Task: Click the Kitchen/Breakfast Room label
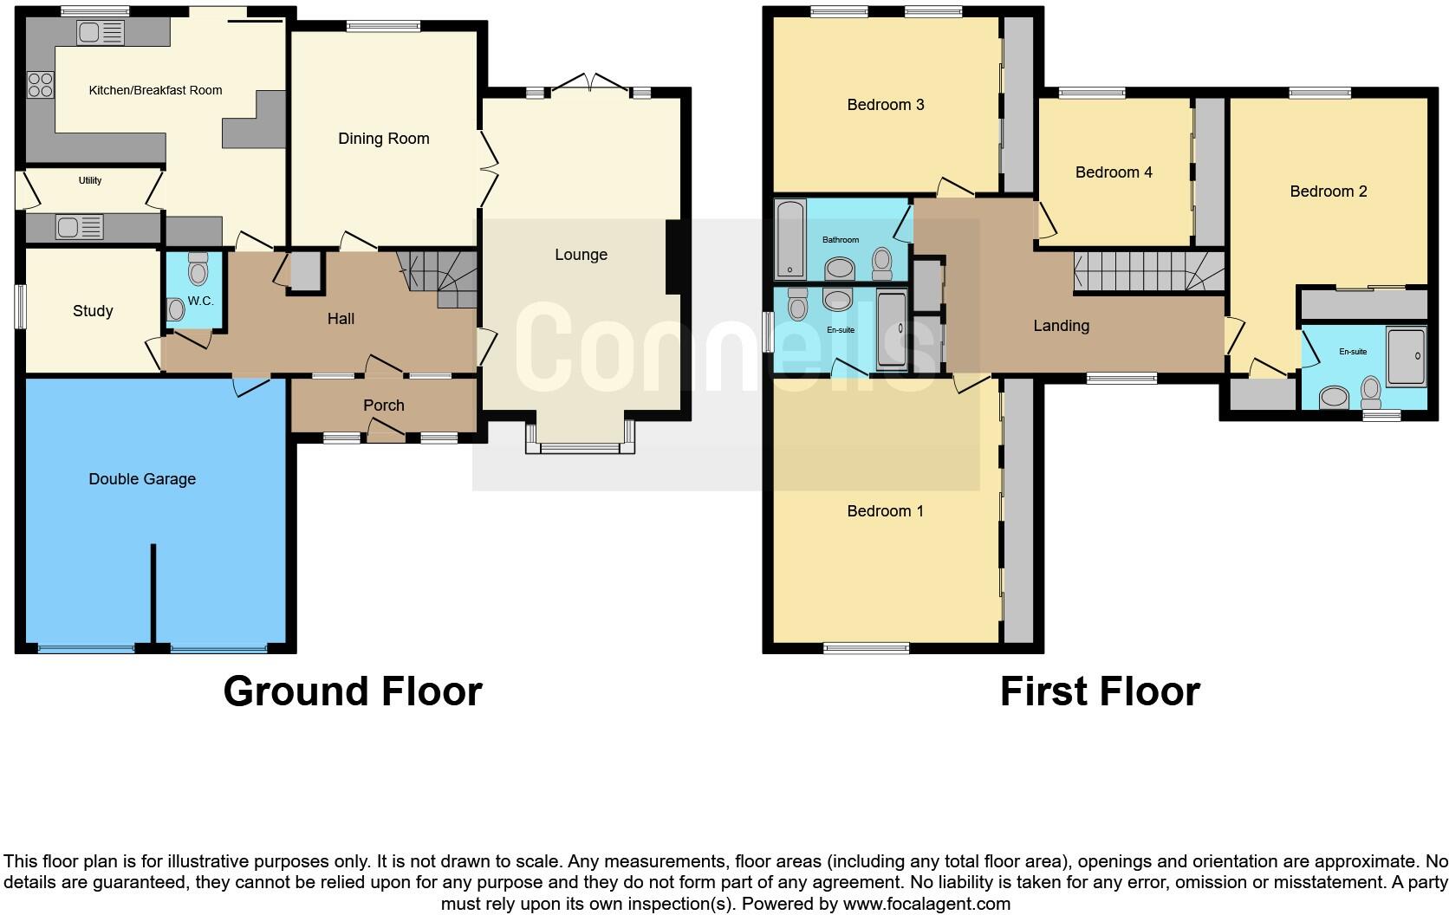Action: [x=155, y=90]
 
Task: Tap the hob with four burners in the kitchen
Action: [x=40, y=85]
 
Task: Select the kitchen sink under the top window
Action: [x=101, y=34]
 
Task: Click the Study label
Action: [x=93, y=311]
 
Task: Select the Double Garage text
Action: [x=142, y=479]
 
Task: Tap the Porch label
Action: [x=383, y=406]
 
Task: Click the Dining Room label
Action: [x=383, y=139]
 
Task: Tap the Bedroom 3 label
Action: [x=885, y=105]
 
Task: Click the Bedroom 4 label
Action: [x=1113, y=172]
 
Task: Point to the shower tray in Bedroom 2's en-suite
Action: [x=1405, y=355]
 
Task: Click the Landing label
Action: [x=1061, y=326]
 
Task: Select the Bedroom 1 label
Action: [x=885, y=511]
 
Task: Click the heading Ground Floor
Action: [x=352, y=691]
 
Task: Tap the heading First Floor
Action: [x=1099, y=691]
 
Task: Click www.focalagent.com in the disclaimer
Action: [x=926, y=904]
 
